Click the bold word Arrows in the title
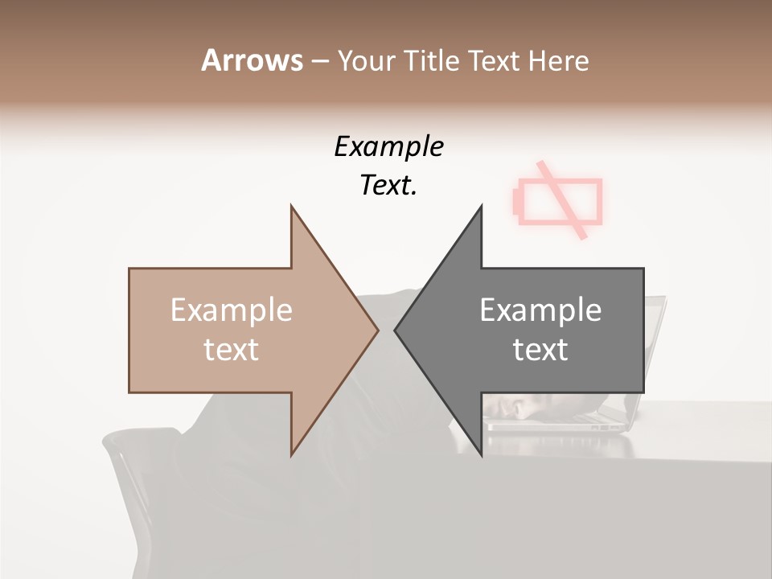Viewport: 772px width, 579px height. (252, 61)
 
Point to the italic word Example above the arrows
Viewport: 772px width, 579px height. (388, 146)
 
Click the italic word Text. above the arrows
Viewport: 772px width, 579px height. (388, 186)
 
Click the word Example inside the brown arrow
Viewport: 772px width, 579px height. (231, 310)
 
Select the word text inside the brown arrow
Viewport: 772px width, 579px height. (231, 350)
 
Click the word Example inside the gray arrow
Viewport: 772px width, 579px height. (540, 310)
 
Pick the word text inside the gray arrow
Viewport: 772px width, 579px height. (540, 350)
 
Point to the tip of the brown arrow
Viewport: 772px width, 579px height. (377, 330)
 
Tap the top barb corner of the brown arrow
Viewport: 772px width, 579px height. (291, 206)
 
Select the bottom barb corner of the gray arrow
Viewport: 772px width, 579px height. (482, 455)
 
